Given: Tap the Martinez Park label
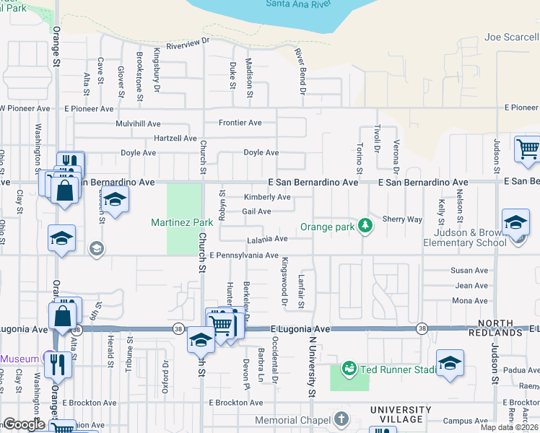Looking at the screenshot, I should [182, 222].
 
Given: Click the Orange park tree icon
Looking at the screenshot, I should [366, 226].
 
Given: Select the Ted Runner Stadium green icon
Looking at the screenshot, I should [349, 369].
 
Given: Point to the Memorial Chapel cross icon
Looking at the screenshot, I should [341, 419].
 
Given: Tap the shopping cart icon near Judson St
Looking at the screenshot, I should [527, 149].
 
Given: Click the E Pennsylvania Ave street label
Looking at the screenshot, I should [244, 255].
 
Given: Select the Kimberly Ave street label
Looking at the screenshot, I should [266, 197].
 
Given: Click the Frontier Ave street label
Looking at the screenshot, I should [240, 123].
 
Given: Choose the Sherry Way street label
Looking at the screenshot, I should [402, 219].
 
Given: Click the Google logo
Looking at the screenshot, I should [24, 424].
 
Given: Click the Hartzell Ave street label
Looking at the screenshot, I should [175, 138].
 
